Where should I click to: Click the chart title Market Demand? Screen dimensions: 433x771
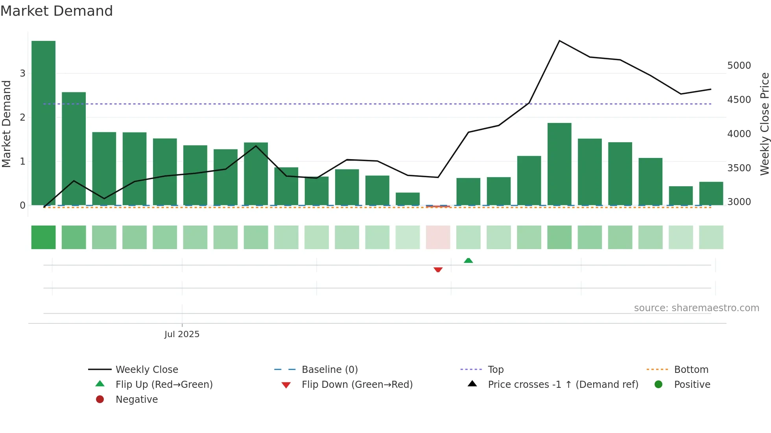point(57,11)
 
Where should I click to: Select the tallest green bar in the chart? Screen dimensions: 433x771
point(43,123)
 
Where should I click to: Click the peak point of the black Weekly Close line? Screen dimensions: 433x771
point(559,41)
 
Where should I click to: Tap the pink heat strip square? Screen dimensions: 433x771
point(438,237)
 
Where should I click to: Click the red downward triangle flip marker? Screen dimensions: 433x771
point(438,270)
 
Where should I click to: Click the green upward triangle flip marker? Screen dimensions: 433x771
point(468,261)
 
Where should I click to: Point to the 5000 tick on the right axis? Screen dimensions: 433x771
point(739,66)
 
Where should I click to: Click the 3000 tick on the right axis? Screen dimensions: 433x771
point(739,202)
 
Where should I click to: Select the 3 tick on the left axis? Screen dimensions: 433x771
point(22,73)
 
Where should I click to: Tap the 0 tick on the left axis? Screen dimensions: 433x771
point(22,205)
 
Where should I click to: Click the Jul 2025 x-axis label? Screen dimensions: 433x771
point(182,334)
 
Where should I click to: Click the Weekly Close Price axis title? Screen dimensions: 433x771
point(764,124)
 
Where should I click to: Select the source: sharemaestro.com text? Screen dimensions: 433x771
point(696,308)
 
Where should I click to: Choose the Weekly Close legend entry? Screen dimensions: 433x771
point(146,370)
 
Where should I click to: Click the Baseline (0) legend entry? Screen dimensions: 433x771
point(329,370)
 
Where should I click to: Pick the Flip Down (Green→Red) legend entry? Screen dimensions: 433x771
point(357,385)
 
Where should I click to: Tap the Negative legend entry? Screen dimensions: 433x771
point(136,400)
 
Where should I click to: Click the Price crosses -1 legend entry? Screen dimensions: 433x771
point(563,385)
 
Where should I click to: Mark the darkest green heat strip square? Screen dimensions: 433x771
point(43,237)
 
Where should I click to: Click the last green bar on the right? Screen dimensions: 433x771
point(711,193)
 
